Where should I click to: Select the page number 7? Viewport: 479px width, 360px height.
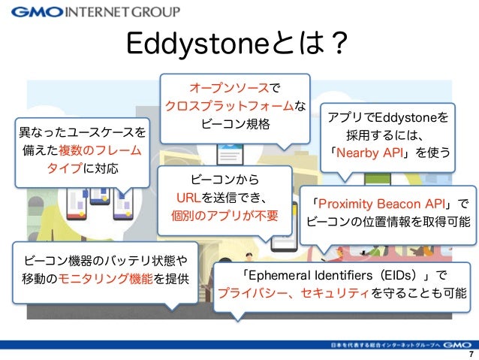pos(470,354)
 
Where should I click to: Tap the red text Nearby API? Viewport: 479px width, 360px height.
pos(372,153)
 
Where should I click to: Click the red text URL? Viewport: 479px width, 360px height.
pos(187,198)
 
